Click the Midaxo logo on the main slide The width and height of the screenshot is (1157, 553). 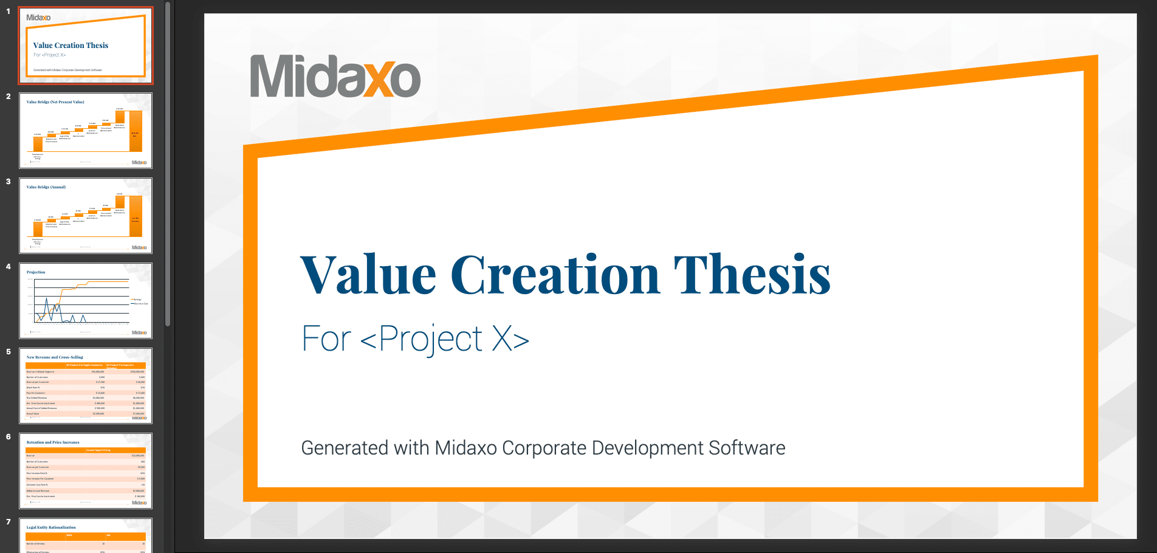coord(335,77)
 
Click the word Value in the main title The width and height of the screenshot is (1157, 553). coord(368,275)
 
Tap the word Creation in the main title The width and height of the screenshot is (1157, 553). coord(555,275)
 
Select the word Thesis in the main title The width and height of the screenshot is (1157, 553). coord(752,275)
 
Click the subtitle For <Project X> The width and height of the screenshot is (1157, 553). coord(415,339)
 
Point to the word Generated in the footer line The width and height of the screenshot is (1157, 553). coord(345,448)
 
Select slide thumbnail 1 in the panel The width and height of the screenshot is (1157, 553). coord(86,46)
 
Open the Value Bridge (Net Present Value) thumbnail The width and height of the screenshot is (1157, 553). coord(86,131)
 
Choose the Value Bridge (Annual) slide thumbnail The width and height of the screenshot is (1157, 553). coord(86,216)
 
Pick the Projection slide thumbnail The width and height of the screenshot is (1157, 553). coord(86,301)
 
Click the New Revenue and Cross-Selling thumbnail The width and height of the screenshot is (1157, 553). coord(86,386)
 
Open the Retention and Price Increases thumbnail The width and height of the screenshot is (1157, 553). coord(86,471)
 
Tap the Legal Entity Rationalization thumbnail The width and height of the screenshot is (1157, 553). coord(86,535)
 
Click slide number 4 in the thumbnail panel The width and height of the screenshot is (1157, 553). coord(9,267)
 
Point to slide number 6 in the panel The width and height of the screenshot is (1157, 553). coord(9,437)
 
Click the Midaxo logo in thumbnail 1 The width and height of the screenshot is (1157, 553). coord(38,18)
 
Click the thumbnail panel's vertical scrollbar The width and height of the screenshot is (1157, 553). coord(168,164)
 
